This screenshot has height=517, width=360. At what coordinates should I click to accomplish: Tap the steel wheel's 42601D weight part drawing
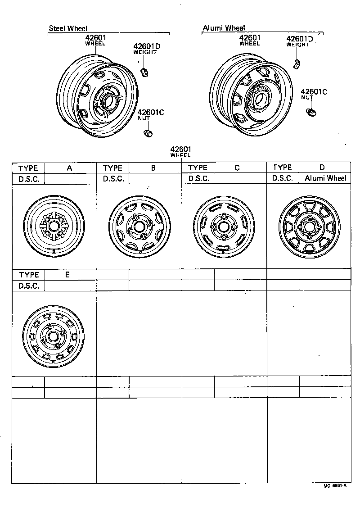point(144,71)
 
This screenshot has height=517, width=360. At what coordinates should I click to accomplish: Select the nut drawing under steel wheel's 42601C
point(147,133)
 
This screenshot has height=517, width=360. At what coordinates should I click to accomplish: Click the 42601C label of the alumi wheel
point(314,92)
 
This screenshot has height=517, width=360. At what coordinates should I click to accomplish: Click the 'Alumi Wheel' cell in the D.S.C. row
point(325,178)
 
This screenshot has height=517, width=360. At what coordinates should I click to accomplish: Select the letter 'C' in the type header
point(237,168)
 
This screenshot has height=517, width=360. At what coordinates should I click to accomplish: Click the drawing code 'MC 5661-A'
point(335,486)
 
